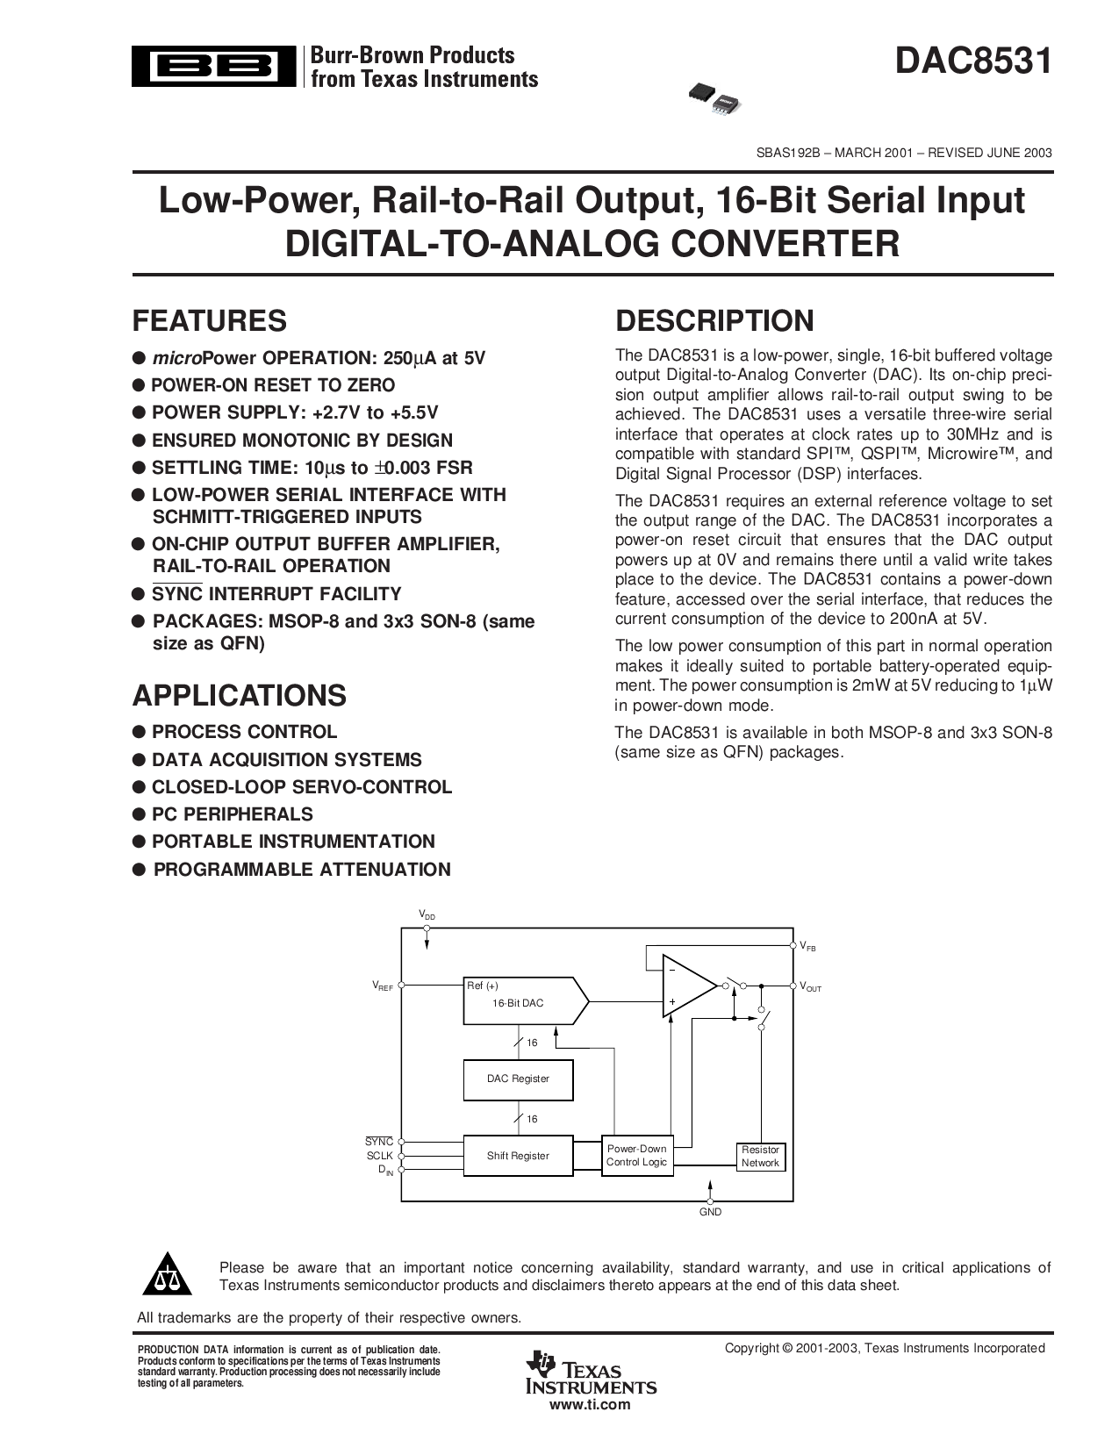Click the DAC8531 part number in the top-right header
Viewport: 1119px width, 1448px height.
pos(973,62)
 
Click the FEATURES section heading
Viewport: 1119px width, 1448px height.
pos(209,321)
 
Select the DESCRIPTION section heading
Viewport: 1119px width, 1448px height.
pos(714,321)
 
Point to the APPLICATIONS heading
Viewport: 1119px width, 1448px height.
pos(239,695)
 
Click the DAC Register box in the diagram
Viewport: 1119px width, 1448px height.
pos(518,1079)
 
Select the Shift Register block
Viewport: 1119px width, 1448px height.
pos(518,1156)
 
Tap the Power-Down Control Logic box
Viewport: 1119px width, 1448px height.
pos(636,1156)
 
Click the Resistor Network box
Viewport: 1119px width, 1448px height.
pos(759,1157)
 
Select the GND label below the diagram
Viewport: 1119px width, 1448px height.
pos(710,1212)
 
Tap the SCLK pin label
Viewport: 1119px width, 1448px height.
pos(379,1156)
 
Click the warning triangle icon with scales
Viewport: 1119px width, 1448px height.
pos(166,1278)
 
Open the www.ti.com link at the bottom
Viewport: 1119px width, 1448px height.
pos(590,1404)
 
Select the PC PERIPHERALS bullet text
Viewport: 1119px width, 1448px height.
pos(232,814)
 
